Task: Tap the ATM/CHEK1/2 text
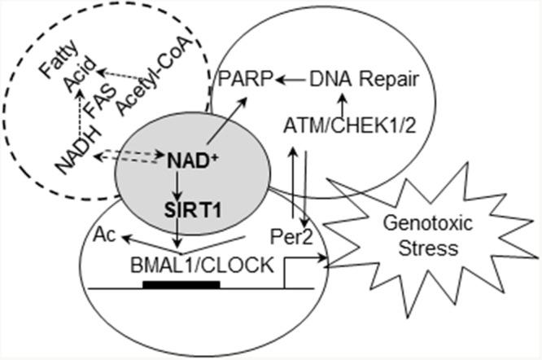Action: (x=345, y=126)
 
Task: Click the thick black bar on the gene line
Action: (x=181, y=285)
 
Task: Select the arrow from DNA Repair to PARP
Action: (x=291, y=81)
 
